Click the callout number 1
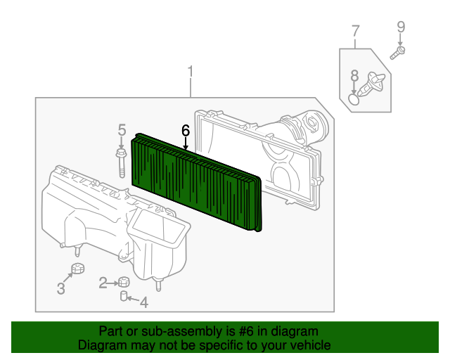190,72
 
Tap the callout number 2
103,283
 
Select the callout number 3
61,288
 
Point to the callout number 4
143,303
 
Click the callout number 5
122,130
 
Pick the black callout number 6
186,130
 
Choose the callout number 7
355,32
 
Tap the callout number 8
354,75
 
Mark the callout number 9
401,27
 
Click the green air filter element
197,179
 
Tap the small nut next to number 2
122,282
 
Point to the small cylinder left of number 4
124,297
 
